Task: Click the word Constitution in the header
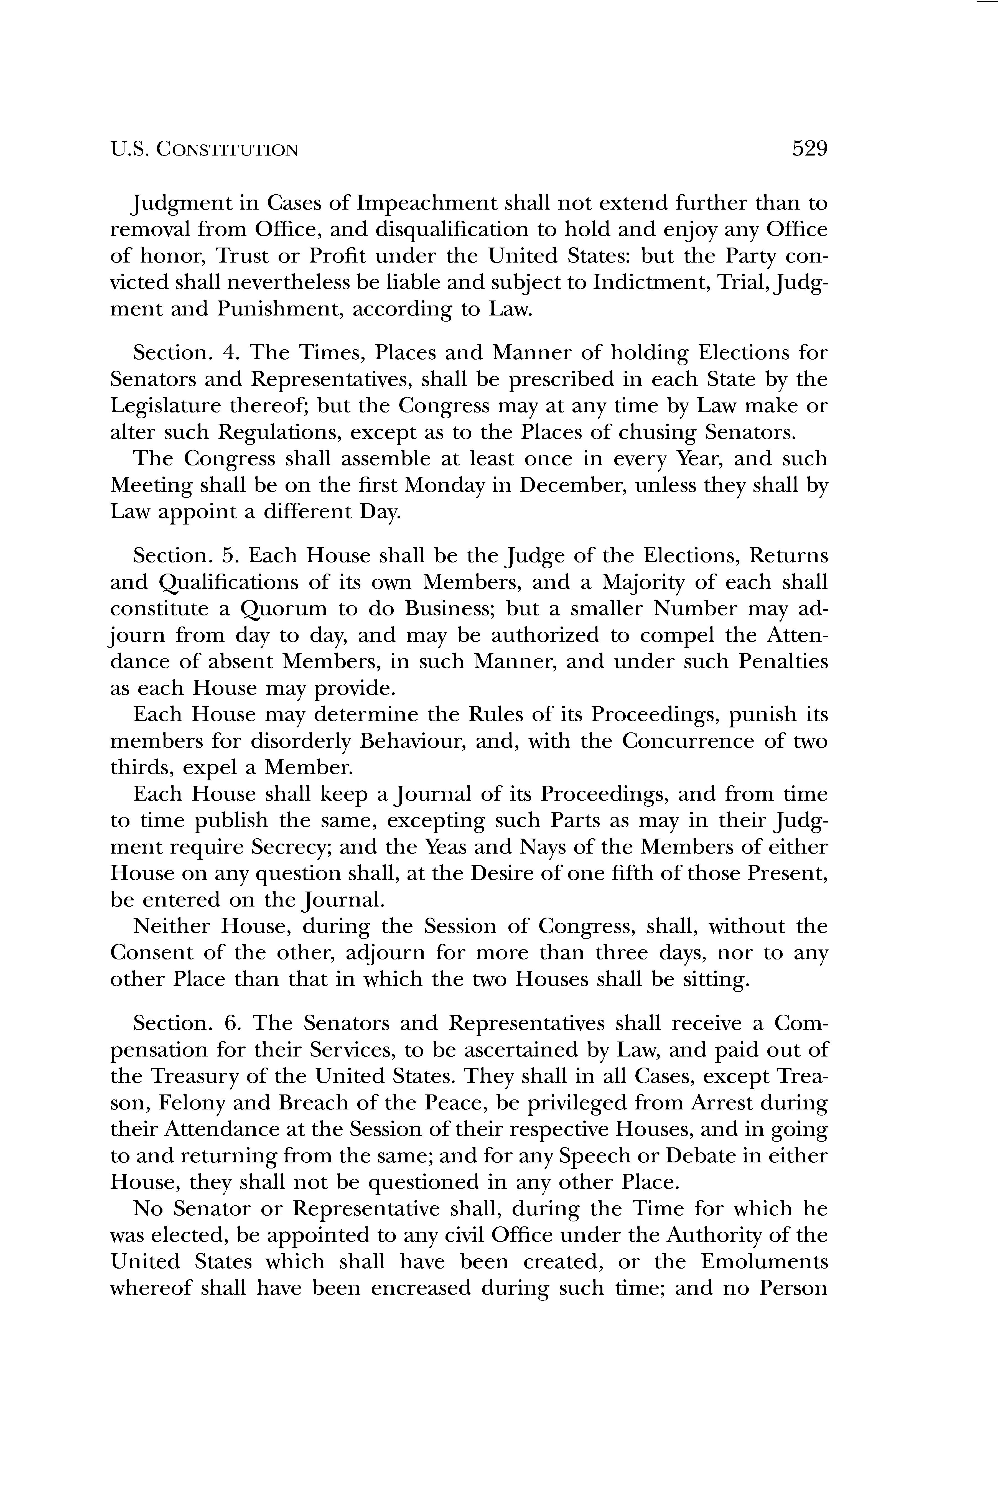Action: click(x=227, y=150)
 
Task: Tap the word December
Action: click(x=572, y=486)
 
